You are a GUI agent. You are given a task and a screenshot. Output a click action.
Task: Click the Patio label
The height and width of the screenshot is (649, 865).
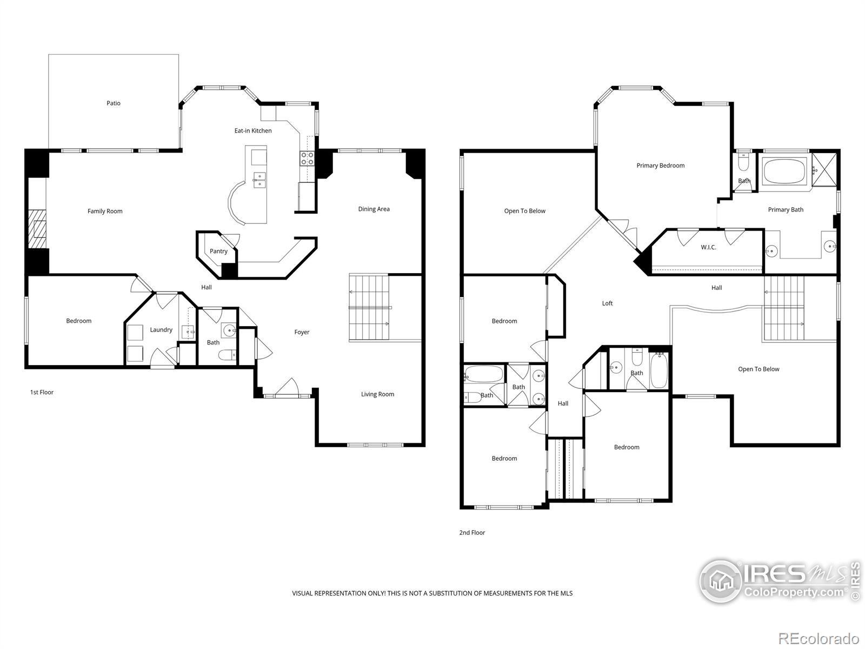tap(114, 103)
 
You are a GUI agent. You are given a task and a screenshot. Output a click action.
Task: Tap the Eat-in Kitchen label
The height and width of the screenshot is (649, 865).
tap(253, 131)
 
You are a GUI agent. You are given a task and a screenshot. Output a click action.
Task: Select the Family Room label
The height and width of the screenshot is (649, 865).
tap(105, 211)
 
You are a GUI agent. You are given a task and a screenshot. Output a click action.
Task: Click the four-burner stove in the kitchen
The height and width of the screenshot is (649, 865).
tap(308, 158)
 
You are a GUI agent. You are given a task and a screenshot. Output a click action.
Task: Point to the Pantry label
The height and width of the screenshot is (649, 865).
tap(219, 251)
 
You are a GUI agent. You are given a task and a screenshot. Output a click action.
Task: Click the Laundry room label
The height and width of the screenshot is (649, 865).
tap(161, 330)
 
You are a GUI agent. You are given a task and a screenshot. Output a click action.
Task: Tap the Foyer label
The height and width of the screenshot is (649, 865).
tap(302, 332)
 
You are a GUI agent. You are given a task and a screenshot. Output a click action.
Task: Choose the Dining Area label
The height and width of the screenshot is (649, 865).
tap(374, 209)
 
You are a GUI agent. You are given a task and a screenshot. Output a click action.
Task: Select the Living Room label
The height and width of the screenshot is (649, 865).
tap(377, 394)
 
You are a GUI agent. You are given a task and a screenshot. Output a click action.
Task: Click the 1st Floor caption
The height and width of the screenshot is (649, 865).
tap(42, 392)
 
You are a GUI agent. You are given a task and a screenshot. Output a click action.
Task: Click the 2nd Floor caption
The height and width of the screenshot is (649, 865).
tap(472, 532)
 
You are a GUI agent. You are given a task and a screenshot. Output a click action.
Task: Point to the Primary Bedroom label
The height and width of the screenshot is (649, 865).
tap(661, 165)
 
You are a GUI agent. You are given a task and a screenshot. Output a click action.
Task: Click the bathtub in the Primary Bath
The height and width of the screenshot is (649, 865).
tap(784, 171)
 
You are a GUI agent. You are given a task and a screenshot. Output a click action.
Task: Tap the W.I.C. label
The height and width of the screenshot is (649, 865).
tap(709, 248)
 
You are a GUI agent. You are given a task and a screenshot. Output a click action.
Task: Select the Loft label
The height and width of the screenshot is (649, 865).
tap(607, 303)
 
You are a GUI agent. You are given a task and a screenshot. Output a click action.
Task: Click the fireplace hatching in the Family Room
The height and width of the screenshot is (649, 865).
tap(37, 229)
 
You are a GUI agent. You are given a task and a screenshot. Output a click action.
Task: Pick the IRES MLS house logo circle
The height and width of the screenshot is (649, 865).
tap(721, 580)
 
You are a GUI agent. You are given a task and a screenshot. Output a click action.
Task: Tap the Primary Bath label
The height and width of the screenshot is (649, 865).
tap(786, 210)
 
